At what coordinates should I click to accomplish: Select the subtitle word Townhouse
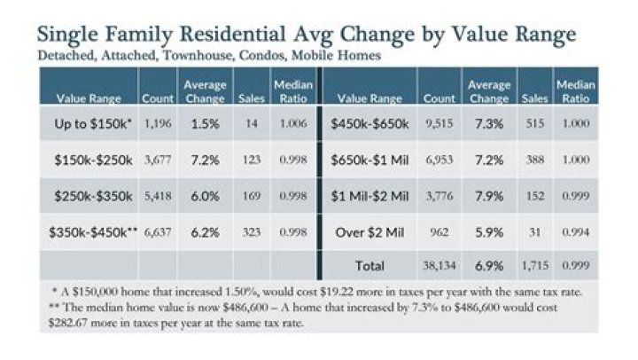coord(198,55)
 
